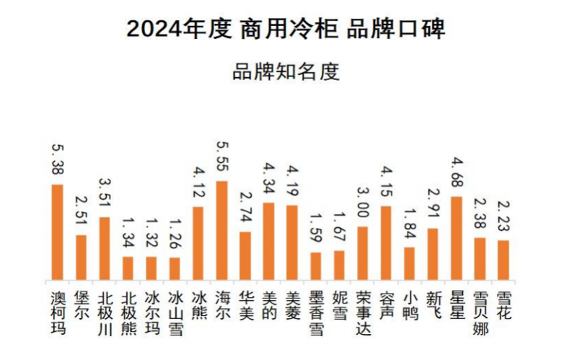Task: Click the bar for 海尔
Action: pyautogui.click(x=222, y=230)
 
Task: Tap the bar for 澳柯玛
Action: pyautogui.click(x=58, y=232)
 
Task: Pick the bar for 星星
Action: pyautogui.click(x=456, y=237)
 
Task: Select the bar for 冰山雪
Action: pyautogui.click(x=175, y=268)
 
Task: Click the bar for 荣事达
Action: pyautogui.click(x=362, y=253)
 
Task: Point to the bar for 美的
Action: pyautogui.click(x=268, y=241)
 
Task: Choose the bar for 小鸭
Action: pyautogui.click(x=409, y=263)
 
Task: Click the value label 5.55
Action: pyautogui.click(x=222, y=157)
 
